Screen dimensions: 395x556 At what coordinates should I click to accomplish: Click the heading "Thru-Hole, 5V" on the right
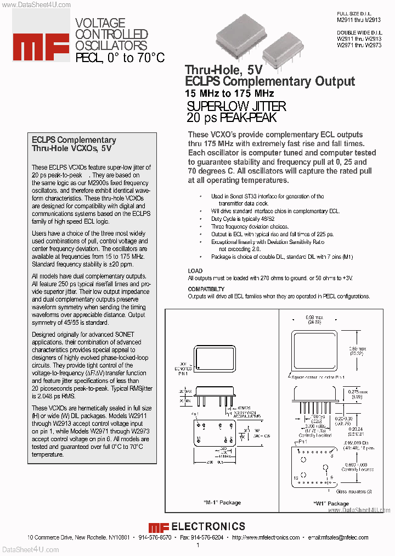pos(223,70)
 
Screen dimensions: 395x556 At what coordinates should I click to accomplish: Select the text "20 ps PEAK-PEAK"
pos(231,118)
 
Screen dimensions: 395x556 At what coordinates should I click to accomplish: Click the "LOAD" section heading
pos(195,271)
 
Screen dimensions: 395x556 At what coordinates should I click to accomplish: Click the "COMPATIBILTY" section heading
pos(206,289)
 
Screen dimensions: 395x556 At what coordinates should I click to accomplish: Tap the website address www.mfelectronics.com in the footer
pos(266,537)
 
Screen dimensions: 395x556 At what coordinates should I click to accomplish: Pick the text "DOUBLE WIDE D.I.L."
pos(356,32)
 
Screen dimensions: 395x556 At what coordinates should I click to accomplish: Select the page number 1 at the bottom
pos(198,545)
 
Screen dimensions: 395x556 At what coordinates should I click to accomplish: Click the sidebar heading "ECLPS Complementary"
pos(74,140)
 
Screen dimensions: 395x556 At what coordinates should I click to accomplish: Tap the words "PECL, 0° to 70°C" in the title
pos(120,57)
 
